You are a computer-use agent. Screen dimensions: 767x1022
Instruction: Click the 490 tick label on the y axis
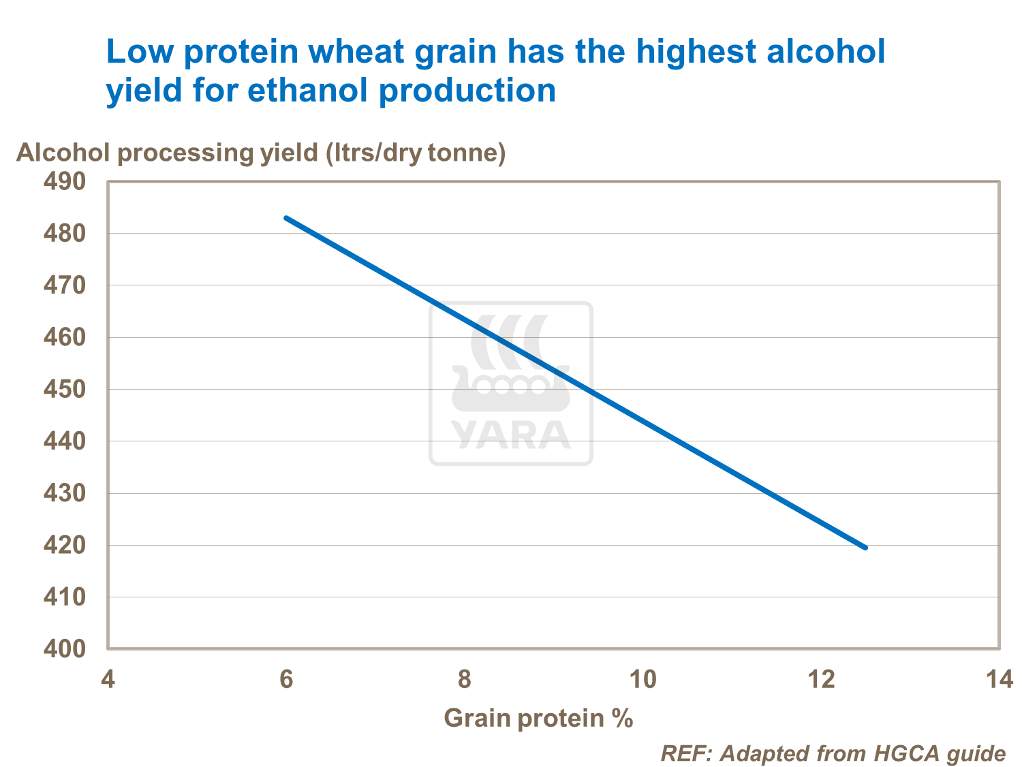pos(65,182)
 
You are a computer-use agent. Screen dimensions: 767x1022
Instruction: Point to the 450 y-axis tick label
pos(65,390)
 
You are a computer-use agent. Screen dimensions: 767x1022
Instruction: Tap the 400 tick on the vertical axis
pos(65,648)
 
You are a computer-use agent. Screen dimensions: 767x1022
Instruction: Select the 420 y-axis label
pos(65,545)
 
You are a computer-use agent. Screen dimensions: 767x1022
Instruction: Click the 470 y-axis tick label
pos(65,285)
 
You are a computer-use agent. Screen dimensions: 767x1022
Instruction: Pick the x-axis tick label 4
pos(108,680)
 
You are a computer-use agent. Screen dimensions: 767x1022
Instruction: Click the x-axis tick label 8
pos(464,680)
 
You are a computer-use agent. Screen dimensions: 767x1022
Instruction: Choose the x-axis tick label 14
pos(1000,680)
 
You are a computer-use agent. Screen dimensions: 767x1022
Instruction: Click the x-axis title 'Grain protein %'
pos(538,719)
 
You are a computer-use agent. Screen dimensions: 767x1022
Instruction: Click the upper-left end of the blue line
pos(286,218)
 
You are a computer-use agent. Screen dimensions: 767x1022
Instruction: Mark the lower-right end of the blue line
pos(865,547)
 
